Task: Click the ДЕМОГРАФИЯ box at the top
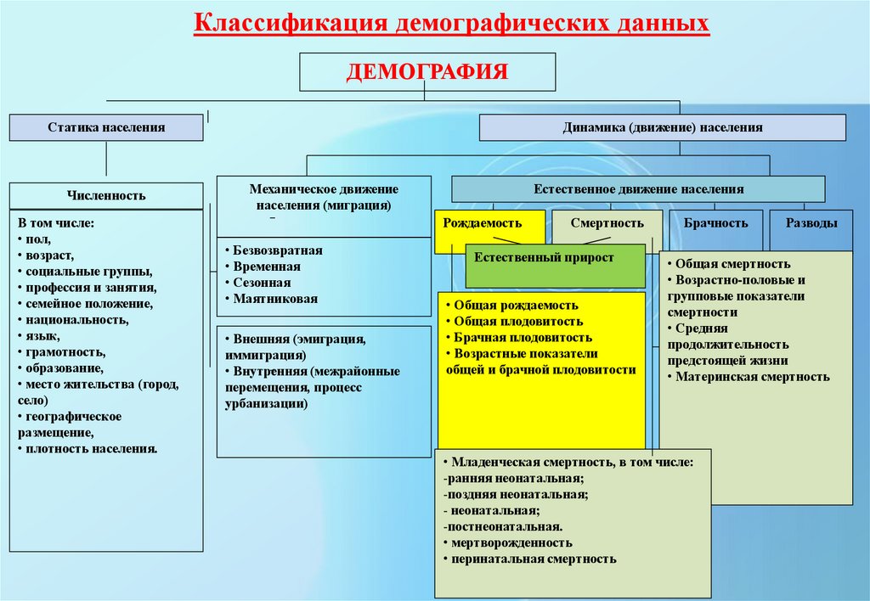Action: click(427, 71)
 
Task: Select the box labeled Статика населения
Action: click(106, 127)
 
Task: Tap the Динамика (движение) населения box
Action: click(663, 127)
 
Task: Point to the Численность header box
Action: click(106, 195)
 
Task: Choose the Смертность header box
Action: click(607, 224)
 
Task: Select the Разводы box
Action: click(811, 224)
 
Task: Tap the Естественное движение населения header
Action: click(638, 189)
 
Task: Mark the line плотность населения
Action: click(91, 448)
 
